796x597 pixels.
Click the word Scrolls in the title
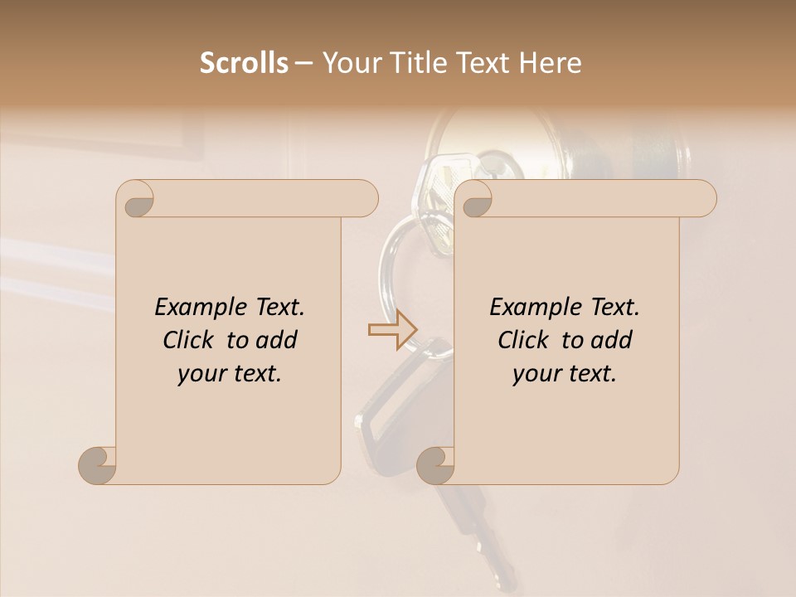[x=244, y=63]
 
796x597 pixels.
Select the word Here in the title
[x=550, y=63]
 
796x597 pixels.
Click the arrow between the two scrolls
[x=392, y=330]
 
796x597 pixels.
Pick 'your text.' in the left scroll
[x=230, y=374]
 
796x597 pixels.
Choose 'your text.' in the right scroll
[x=565, y=374]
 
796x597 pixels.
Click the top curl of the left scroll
[x=138, y=199]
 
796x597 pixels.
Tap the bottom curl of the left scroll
[x=98, y=465]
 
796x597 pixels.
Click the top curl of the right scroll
[x=476, y=199]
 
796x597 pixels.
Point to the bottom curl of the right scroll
[x=435, y=465]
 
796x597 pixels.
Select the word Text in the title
[x=480, y=63]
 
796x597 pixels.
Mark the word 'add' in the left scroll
[x=279, y=340]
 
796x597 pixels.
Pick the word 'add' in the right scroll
[x=614, y=340]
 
